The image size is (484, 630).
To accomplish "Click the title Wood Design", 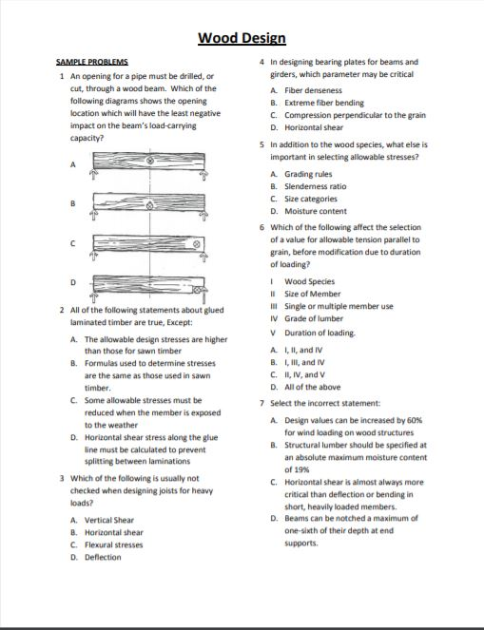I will [x=242, y=38].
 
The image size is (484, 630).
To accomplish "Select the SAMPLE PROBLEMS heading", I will [x=93, y=63].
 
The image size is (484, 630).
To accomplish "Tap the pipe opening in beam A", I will [x=149, y=162].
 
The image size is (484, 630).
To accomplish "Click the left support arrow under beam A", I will [x=92, y=175].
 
